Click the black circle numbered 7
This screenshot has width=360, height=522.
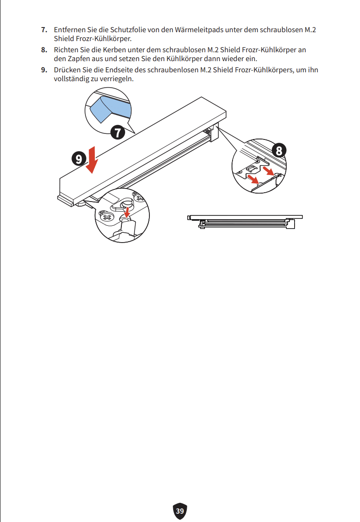118,132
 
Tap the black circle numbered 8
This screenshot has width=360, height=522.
279,150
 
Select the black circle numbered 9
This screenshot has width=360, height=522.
78,159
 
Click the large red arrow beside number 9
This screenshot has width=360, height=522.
92,160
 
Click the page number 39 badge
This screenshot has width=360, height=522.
180,511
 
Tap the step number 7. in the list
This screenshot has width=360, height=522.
44,30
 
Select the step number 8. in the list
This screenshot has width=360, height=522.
44,50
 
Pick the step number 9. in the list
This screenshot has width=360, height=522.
44,70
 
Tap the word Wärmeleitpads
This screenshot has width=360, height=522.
199,30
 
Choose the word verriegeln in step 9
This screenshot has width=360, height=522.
116,79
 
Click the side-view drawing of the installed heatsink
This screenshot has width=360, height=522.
245,222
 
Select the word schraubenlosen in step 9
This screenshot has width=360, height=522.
173,70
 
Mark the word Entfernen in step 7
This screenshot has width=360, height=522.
70,30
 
